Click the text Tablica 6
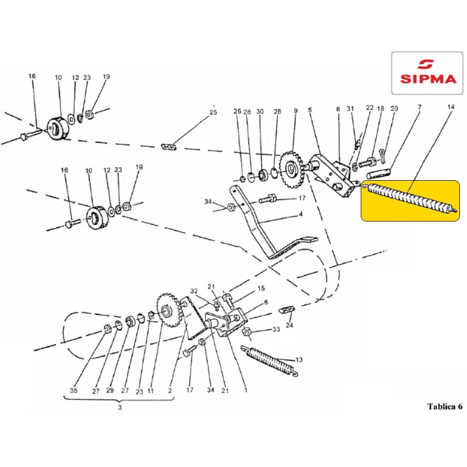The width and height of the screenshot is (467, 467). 444,406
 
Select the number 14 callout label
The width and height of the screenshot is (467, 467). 450,107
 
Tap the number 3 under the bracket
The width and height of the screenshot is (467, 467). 120,408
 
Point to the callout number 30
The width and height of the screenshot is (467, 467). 260,112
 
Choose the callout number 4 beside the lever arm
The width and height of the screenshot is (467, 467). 300,214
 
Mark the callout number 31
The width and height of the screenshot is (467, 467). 351,108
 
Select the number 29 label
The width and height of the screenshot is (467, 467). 110,390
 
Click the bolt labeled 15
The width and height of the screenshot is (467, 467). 227,298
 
